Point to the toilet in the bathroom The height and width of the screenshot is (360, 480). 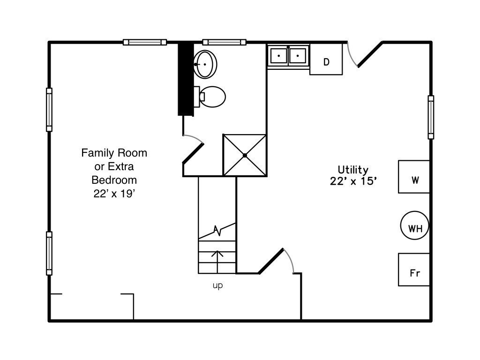212,97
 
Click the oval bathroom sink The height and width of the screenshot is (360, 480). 205,64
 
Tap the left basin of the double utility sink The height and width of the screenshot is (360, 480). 278,55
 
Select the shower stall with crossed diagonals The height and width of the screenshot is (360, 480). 245,155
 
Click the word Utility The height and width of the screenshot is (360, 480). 353,170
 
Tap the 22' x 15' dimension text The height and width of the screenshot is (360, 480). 353,181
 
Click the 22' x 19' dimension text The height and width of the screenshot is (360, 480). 114,193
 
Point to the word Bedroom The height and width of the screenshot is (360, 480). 114,180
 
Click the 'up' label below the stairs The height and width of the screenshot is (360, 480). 217,285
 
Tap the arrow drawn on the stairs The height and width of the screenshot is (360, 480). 217,259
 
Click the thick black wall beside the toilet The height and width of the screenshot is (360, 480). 186,79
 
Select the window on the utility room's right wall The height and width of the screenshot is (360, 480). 431,117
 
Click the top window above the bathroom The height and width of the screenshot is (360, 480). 224,42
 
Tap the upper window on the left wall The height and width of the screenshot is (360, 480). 49,110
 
